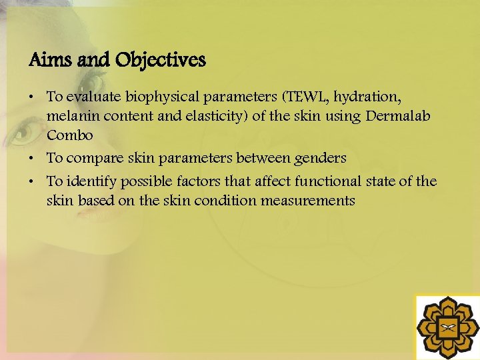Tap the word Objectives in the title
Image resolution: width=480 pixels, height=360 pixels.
coord(160,61)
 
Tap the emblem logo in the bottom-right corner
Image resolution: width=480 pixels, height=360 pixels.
coord(447,327)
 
